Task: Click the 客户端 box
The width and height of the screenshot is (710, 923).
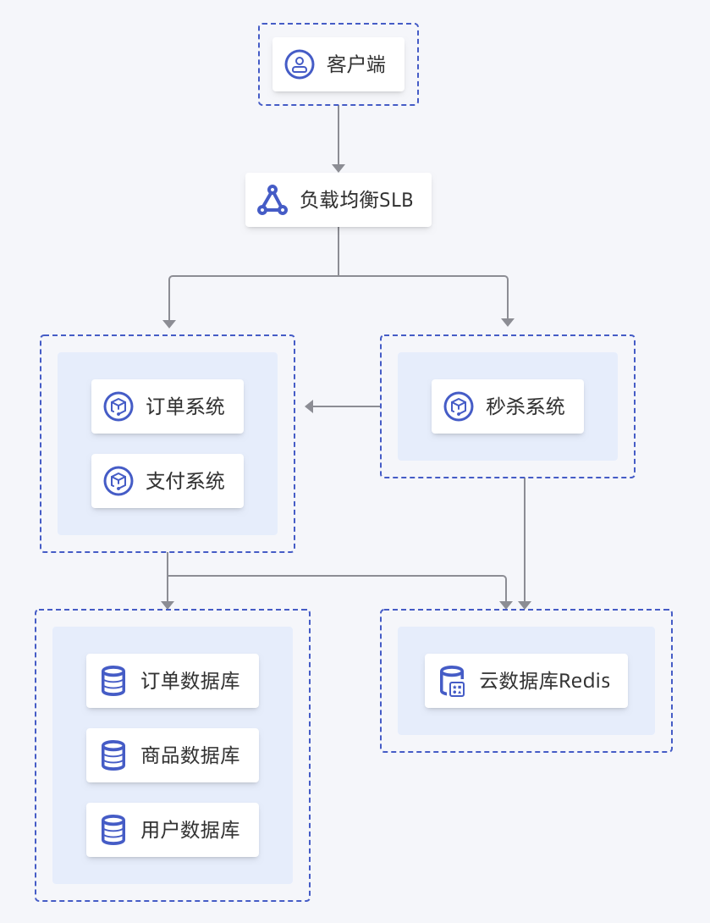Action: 338,64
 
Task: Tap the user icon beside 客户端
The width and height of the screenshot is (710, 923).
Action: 300,64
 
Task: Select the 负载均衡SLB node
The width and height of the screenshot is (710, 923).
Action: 338,200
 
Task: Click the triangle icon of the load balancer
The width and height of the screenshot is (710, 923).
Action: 272,201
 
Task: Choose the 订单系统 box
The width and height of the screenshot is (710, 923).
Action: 168,406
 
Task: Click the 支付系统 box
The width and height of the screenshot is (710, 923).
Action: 168,481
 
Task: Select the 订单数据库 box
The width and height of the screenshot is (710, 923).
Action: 173,681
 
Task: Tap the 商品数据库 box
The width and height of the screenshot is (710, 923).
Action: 173,755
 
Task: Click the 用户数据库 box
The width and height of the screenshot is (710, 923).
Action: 173,830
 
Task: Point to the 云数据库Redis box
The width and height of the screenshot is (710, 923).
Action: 526,681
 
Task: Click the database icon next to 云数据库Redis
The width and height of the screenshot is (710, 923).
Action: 452,681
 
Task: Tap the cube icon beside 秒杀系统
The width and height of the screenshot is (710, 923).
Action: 459,406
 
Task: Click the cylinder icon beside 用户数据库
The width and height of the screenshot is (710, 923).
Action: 113,830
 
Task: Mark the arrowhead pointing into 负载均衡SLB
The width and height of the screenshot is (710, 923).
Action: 338,169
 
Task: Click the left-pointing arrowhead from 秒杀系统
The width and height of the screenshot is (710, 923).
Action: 309,406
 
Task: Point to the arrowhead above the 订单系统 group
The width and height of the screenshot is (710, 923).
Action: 169,323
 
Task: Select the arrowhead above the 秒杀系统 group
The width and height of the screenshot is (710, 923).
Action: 508,322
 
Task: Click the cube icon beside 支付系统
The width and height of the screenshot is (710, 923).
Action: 118,481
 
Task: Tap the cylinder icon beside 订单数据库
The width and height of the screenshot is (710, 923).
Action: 113,681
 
